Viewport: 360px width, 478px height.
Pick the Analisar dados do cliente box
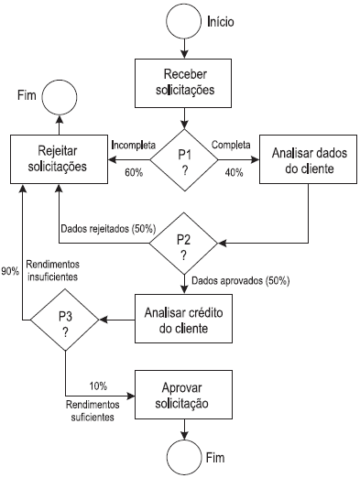tap(302, 159)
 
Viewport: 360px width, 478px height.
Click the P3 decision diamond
tap(66, 320)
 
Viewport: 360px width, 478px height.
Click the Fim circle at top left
tap(60, 96)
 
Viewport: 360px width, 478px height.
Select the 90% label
tap(11, 271)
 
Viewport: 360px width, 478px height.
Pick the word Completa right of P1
tap(234, 145)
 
